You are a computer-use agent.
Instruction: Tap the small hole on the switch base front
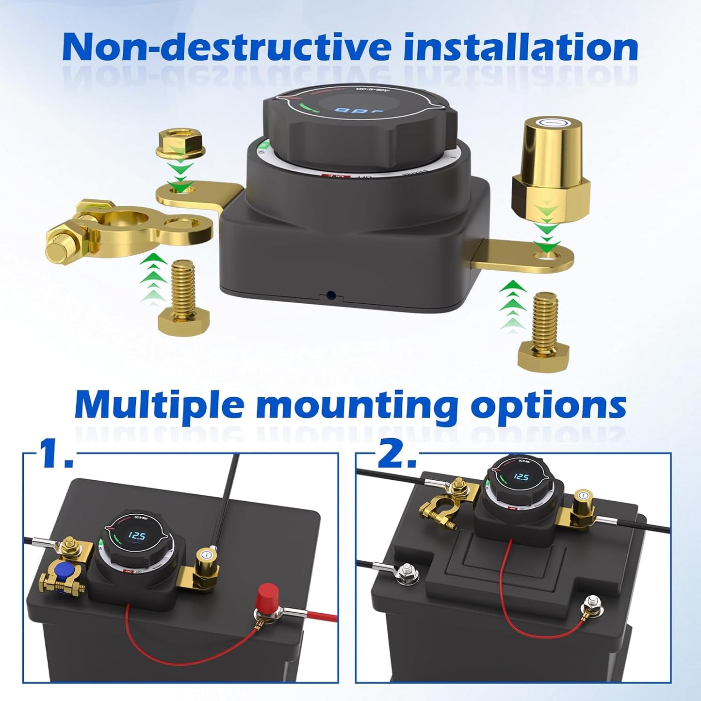[x=331, y=294]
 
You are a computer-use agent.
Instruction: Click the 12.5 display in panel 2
[x=521, y=478]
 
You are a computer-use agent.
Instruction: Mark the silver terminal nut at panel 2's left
[x=406, y=570]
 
